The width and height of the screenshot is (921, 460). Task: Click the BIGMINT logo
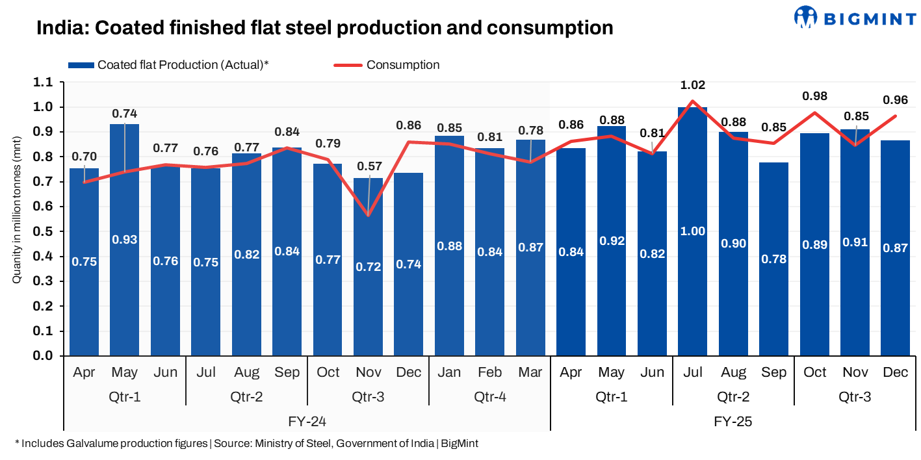855,17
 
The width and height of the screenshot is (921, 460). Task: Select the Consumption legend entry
402,65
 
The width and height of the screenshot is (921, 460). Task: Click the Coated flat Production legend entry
183,65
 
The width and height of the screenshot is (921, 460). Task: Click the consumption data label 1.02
693,85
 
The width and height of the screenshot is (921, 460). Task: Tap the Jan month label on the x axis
449,372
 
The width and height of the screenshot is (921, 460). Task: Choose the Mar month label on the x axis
530,372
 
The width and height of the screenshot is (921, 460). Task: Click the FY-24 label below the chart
307,422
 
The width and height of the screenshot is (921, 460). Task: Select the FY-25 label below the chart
733,422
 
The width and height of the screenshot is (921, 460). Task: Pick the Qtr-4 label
490,396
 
